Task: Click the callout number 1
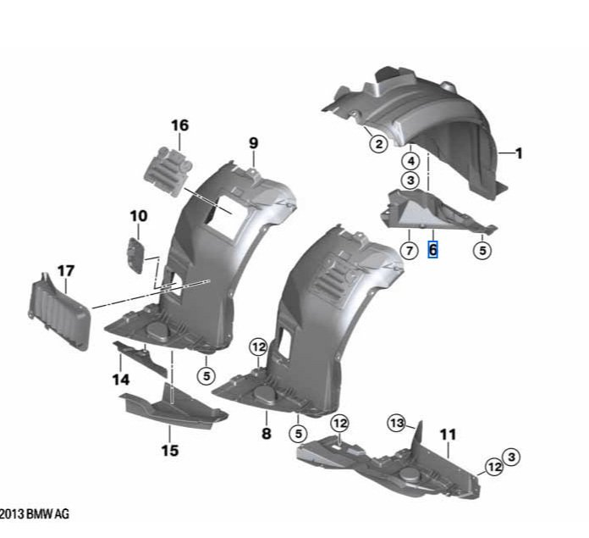pyautogui.click(x=519, y=153)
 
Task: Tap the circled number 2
pyautogui.click(x=378, y=144)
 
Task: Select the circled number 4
pyautogui.click(x=411, y=161)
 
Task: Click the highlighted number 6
pyautogui.click(x=432, y=250)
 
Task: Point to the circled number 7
pyautogui.click(x=410, y=251)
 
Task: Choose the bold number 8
pyautogui.click(x=266, y=434)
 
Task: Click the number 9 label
pyautogui.click(x=254, y=143)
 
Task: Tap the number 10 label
pyautogui.click(x=139, y=216)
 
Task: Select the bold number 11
pyautogui.click(x=448, y=435)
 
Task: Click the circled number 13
pyautogui.click(x=396, y=424)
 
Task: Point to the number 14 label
pyautogui.click(x=121, y=380)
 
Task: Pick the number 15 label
pyautogui.click(x=169, y=450)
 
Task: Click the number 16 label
pyautogui.click(x=179, y=125)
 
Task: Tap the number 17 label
pyautogui.click(x=66, y=270)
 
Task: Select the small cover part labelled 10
pyautogui.click(x=136, y=255)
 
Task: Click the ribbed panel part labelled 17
pyautogui.click(x=59, y=312)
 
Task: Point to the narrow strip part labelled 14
pyautogui.click(x=140, y=358)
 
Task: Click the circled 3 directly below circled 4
pyautogui.click(x=410, y=180)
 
